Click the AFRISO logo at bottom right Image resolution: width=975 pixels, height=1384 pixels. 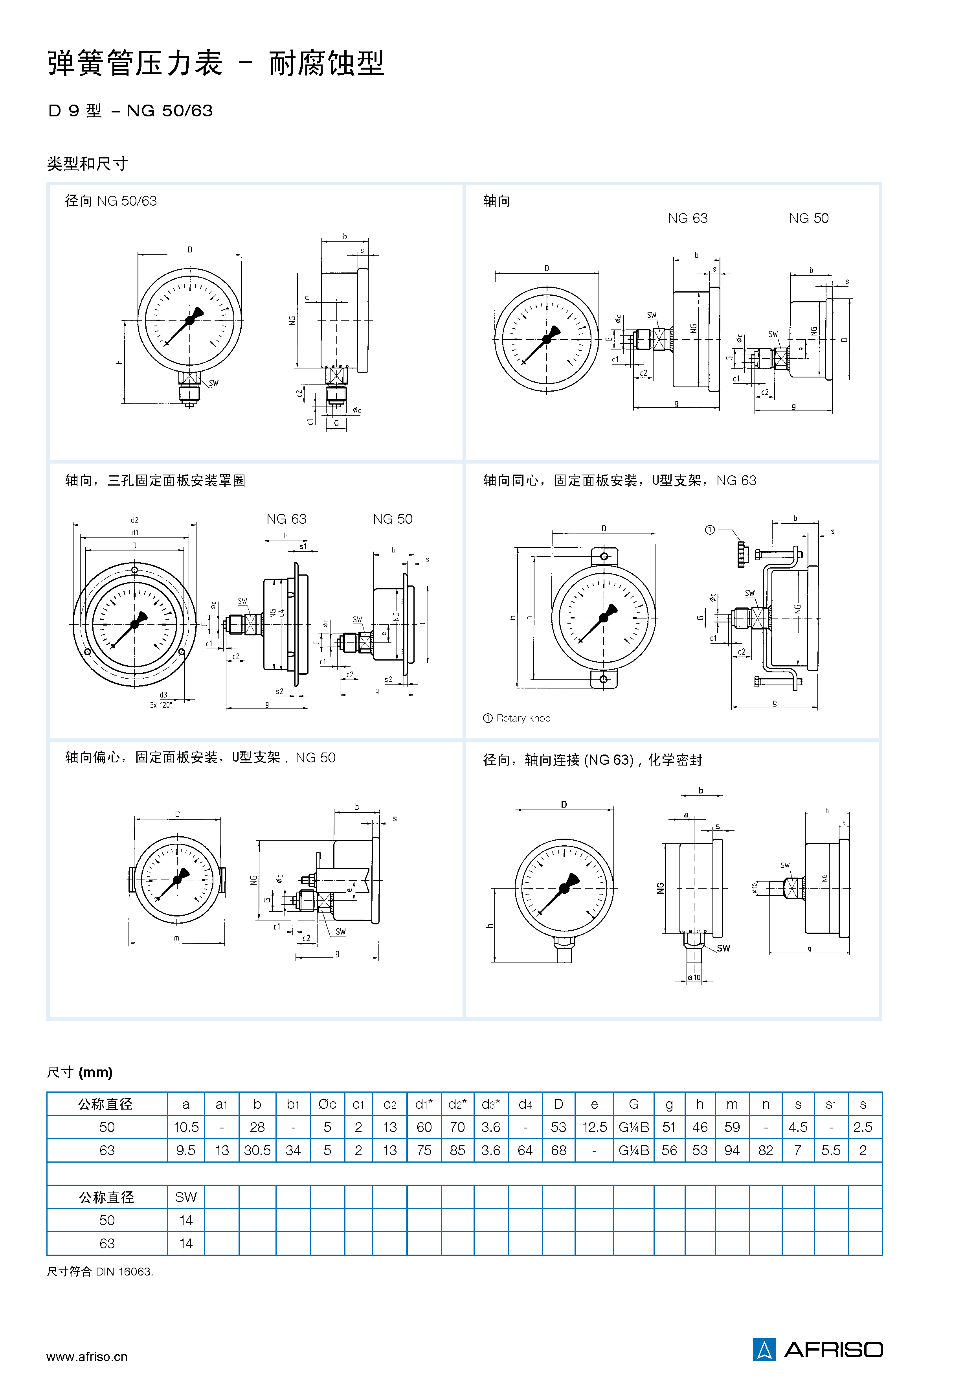click(817, 1350)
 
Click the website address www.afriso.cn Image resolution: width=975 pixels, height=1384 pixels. click(87, 1357)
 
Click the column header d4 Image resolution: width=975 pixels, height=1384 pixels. click(525, 1104)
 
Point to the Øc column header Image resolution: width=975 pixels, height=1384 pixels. click(327, 1104)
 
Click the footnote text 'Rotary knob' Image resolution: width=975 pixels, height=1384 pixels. click(523, 718)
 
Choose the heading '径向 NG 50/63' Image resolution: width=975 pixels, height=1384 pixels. click(111, 201)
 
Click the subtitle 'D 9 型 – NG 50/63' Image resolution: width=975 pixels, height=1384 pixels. click(130, 111)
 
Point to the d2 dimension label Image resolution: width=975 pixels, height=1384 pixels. click(134, 520)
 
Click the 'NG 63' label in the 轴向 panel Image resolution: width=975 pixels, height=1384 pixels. click(688, 218)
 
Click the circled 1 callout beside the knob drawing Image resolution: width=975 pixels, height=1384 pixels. click(709, 530)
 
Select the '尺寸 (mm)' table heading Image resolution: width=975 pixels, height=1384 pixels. click(79, 1072)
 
